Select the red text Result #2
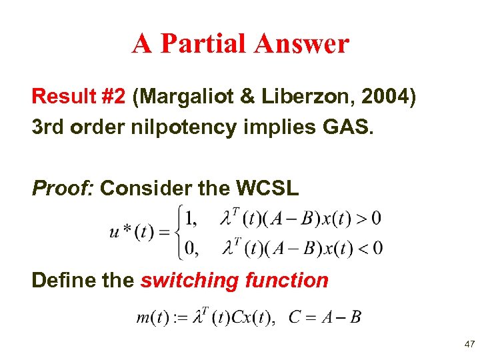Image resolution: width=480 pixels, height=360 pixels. click(x=78, y=97)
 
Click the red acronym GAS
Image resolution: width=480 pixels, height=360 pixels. click(x=348, y=127)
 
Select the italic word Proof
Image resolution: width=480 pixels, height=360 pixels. click(x=63, y=189)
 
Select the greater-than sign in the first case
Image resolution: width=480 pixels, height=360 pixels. click(x=358, y=217)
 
